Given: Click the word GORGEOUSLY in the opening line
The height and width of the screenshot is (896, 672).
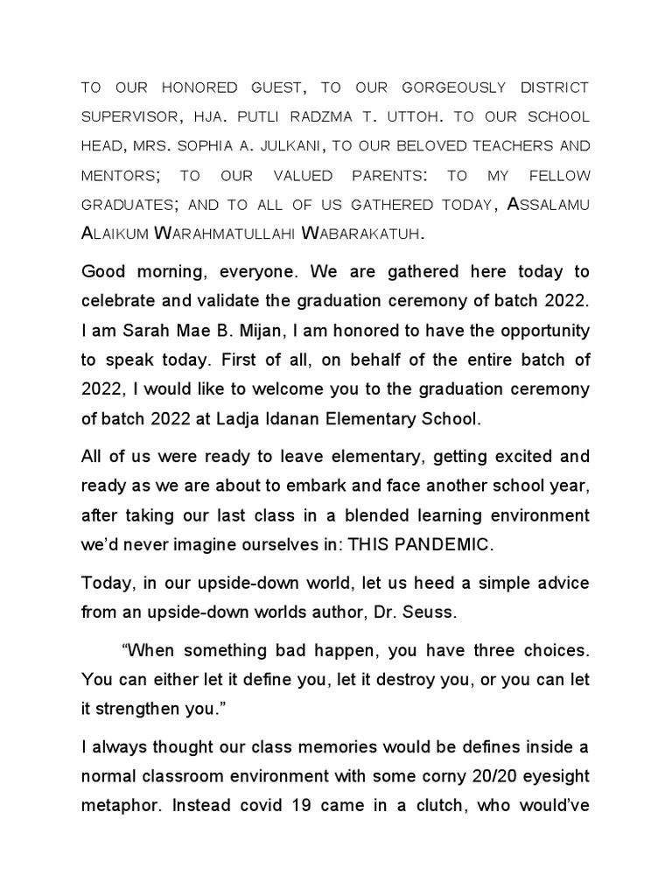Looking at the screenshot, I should (x=453, y=88).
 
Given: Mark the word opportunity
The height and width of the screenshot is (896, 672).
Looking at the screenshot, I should (x=539, y=332).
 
